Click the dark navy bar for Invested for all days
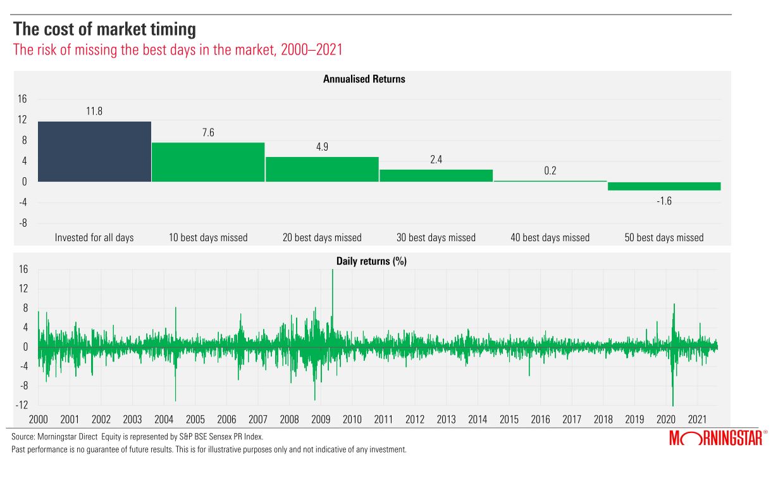coord(94,151)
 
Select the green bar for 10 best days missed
coord(208,162)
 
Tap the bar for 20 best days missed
coord(322,169)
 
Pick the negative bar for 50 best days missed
coord(664,186)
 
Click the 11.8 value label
coord(94,111)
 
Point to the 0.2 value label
coord(550,171)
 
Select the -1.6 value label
coord(664,201)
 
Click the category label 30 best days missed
coord(436,238)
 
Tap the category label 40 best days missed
coord(550,238)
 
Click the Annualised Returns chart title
coord(364,80)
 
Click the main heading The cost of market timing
coord(104,29)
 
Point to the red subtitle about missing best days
coord(178,50)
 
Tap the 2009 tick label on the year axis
coord(321,419)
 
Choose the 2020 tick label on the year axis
coord(666,419)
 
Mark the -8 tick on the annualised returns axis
coord(22,223)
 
